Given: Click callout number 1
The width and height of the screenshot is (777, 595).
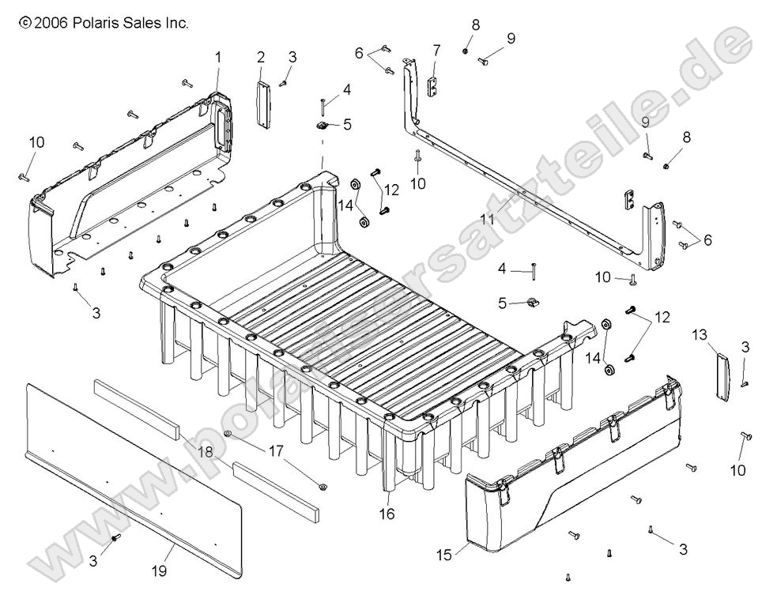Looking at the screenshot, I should [x=218, y=57].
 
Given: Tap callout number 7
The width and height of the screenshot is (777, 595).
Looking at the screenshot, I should [x=436, y=51].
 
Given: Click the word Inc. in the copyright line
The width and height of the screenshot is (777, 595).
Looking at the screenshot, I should [x=176, y=24].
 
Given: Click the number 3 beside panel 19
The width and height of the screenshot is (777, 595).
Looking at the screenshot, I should [x=92, y=562].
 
